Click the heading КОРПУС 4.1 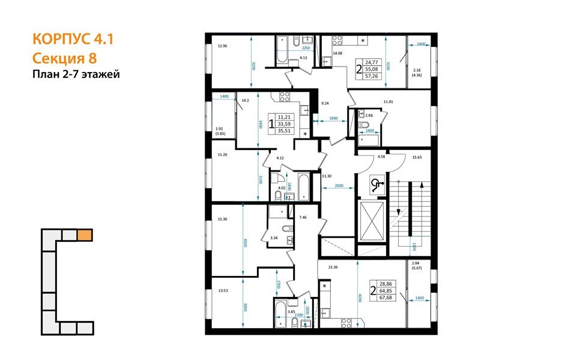click(x=72, y=40)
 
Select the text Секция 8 click(x=64, y=58)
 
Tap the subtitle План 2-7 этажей click(x=76, y=74)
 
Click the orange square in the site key click(x=85, y=235)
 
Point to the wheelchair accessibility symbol click(x=376, y=185)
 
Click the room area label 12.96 click(x=223, y=46)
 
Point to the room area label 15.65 click(x=417, y=157)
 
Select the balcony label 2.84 click(x=415, y=263)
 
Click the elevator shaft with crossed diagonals click(x=372, y=221)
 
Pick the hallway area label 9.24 click(x=325, y=103)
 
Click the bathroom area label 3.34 click(x=274, y=238)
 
